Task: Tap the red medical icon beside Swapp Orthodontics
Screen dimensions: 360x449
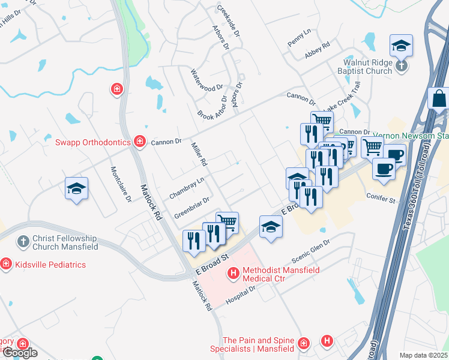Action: tap(140, 142)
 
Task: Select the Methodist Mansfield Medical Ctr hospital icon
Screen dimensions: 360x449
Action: tap(234, 274)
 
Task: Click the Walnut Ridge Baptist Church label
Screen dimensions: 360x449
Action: tap(367, 67)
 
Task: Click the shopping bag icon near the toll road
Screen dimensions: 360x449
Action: tap(439, 98)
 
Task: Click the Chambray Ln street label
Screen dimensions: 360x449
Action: tap(187, 188)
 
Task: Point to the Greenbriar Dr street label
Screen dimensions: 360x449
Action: tap(191, 208)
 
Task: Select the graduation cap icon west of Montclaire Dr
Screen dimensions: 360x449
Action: tap(76, 189)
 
